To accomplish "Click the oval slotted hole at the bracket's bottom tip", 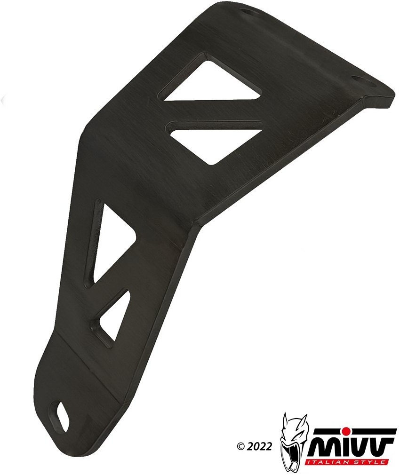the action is coord(61,413).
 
